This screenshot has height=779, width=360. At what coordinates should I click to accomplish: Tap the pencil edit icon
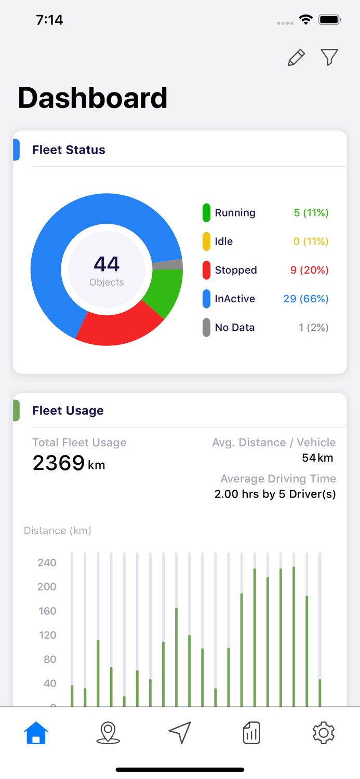click(296, 58)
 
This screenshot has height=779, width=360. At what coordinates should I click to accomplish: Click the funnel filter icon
click(329, 57)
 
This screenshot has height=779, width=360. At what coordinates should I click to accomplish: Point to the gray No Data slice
click(168, 265)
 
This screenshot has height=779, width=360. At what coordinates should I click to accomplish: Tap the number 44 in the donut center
click(106, 264)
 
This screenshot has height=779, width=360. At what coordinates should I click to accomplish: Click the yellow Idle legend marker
click(206, 241)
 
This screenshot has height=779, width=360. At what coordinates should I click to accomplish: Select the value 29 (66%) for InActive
click(305, 299)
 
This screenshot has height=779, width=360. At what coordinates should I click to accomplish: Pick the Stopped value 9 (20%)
click(309, 270)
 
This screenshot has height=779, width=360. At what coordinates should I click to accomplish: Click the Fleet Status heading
click(69, 150)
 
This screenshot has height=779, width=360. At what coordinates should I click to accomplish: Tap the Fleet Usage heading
click(68, 410)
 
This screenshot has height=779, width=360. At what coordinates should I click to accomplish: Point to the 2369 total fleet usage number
click(58, 462)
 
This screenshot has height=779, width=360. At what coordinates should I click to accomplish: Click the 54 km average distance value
click(317, 458)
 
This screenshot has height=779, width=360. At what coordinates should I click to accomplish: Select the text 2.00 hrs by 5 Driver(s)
click(275, 494)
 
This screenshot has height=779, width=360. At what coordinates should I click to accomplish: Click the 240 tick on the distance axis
click(47, 562)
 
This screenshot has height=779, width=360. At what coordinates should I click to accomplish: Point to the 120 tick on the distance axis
click(47, 635)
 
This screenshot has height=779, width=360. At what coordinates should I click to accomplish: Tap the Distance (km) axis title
click(58, 530)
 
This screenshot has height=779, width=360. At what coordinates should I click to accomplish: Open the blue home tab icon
click(36, 733)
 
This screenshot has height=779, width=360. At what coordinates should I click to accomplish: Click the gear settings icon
click(323, 733)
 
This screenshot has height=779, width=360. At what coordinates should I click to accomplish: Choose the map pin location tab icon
click(108, 733)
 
